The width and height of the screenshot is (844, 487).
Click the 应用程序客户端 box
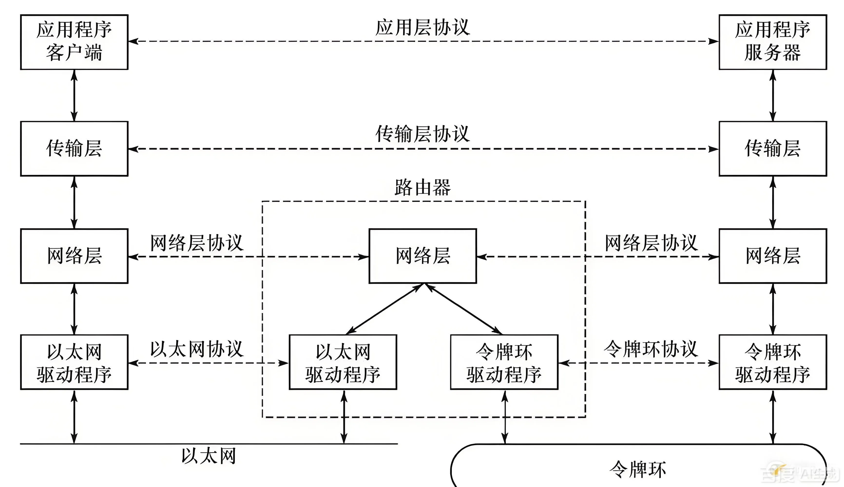74,42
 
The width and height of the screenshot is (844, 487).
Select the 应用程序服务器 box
773,42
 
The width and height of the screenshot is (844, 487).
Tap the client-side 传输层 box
74,149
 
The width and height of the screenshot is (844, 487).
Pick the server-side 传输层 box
773,149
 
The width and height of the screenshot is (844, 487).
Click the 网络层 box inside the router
423,256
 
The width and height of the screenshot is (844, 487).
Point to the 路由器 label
423,187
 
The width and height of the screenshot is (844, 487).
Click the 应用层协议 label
423,28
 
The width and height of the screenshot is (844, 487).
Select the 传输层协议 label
423,134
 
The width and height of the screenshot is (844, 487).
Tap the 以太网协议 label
197,349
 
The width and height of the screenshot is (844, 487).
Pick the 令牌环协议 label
651,349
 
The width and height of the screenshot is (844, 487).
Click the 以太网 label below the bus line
209,456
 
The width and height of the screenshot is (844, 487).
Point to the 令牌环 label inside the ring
638,469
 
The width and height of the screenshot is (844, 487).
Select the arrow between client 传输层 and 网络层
74,202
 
